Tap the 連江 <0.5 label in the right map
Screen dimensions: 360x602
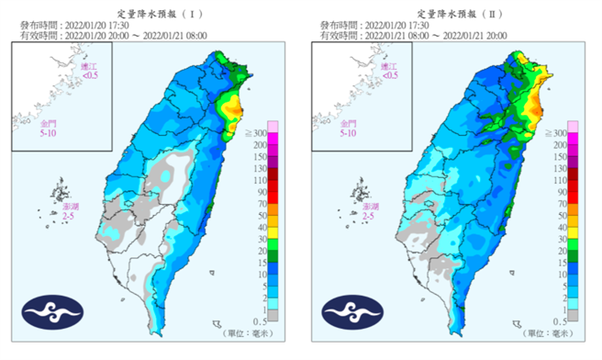(389, 72)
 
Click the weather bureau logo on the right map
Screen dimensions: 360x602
(352, 313)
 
